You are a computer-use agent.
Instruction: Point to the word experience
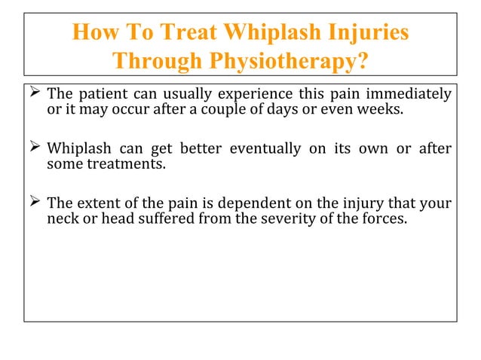(254, 96)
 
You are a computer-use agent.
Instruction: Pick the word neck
(62, 220)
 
